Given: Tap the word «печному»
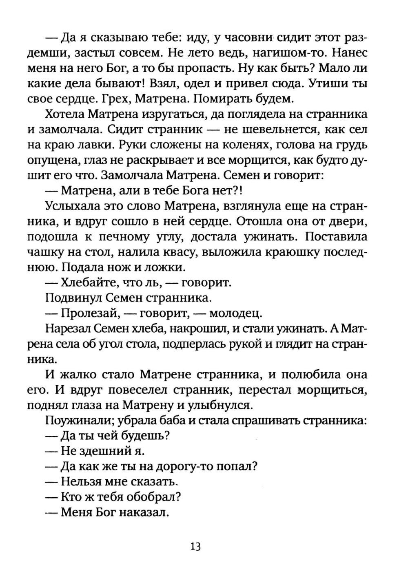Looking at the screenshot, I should (x=127, y=237).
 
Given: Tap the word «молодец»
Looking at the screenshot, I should (x=235, y=313).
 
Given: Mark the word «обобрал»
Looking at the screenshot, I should (x=155, y=497).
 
